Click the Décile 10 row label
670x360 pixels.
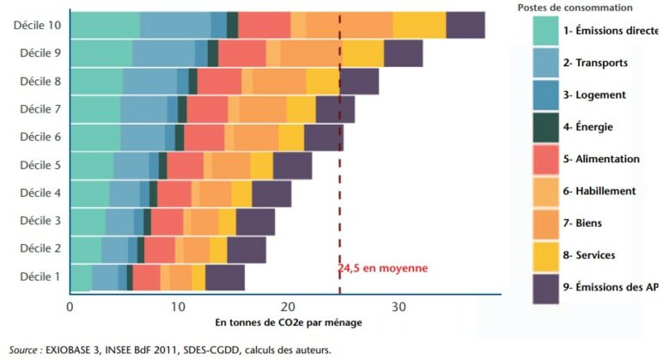point(37,26)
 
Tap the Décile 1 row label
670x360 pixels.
point(40,277)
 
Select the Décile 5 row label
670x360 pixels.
point(40,165)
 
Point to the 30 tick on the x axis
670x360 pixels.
point(399,306)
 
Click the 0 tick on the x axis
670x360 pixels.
point(70,306)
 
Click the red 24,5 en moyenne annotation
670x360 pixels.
point(382,268)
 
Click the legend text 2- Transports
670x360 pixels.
point(595,63)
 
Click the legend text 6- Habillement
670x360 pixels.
point(600,191)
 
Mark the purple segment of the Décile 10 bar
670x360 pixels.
point(465,26)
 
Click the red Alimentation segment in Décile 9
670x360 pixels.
point(242,53)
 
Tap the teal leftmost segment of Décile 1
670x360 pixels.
point(81,277)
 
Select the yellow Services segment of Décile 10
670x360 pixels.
point(419,26)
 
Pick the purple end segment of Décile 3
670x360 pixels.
point(255,221)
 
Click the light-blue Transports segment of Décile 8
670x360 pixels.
point(150,82)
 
